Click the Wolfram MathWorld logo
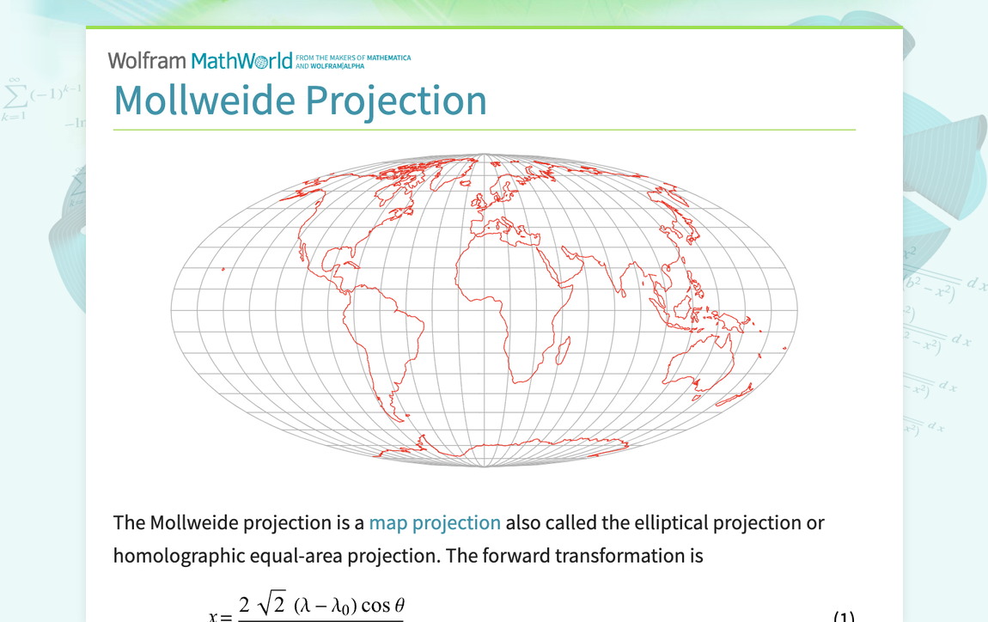(x=200, y=61)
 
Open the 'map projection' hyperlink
(x=435, y=522)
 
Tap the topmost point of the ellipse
(x=485, y=155)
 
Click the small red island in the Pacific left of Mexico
(x=223, y=270)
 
